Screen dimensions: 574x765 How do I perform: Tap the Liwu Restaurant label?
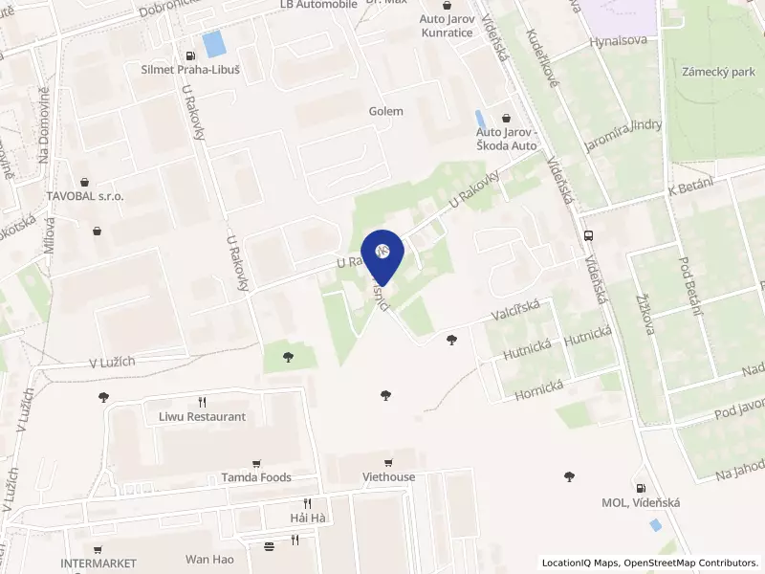202,417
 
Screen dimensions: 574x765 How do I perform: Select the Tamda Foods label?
256,477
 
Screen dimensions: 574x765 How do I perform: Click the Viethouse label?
389,476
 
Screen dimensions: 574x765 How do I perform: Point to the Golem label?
386,111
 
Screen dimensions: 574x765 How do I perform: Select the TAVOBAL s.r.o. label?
85,195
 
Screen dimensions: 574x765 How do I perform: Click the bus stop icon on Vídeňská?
587,235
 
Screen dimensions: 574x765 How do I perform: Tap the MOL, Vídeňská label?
639,503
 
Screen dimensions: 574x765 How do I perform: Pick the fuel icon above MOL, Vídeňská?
640,488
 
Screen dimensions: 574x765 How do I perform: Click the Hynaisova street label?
619,41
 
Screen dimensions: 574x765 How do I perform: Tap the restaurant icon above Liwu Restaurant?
202,402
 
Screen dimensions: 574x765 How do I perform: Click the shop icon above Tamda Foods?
255,462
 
